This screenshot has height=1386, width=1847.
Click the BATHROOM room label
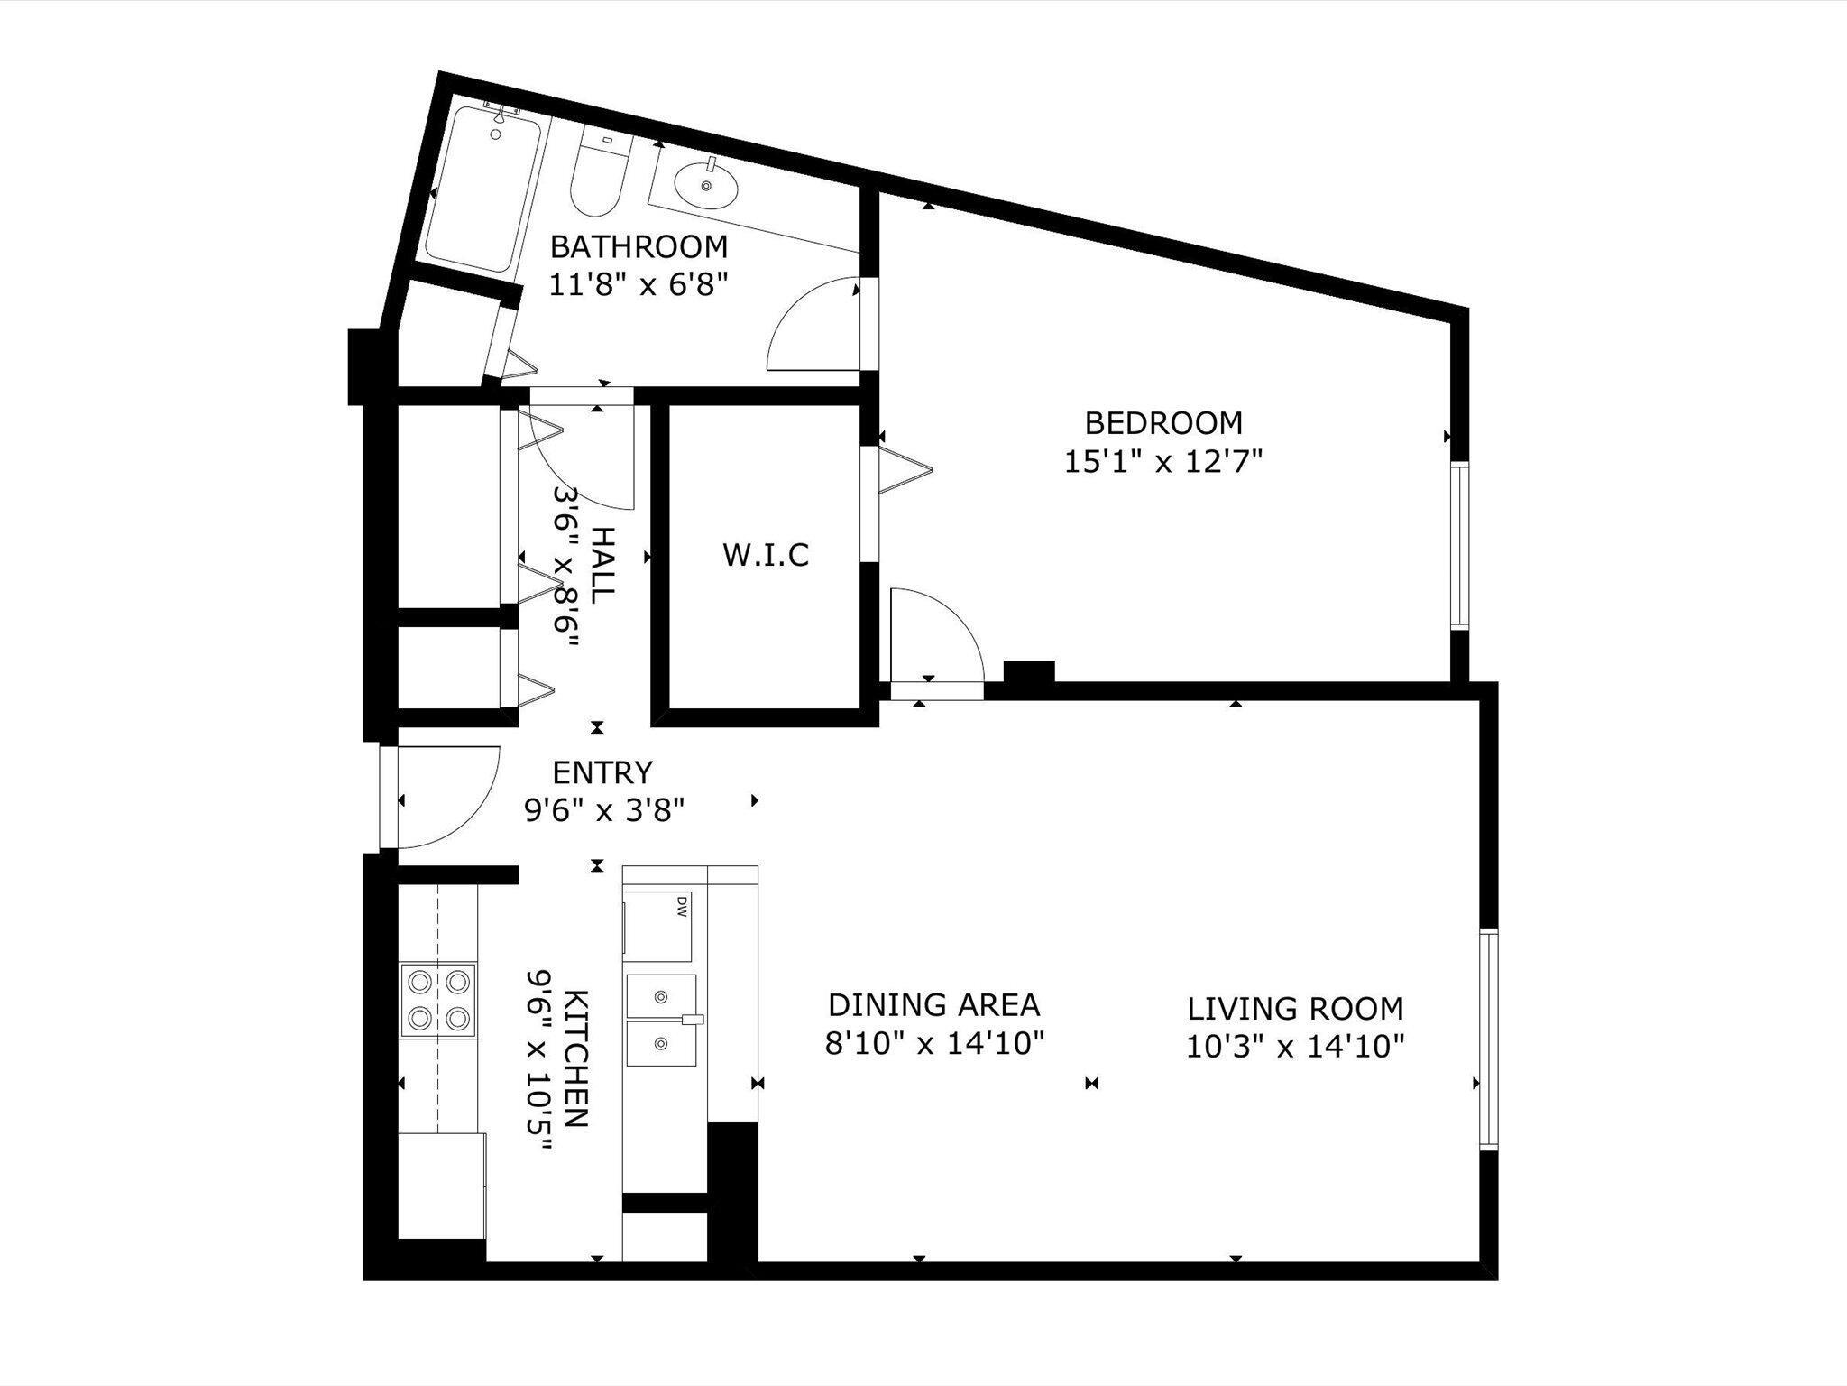pyautogui.click(x=639, y=246)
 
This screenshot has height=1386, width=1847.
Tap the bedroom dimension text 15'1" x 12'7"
pyautogui.click(x=1162, y=462)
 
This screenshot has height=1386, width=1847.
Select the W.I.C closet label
pyautogui.click(x=766, y=555)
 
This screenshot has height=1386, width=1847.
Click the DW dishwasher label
pyautogui.click(x=682, y=906)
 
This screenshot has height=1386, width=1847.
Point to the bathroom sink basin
pyautogui.click(x=705, y=186)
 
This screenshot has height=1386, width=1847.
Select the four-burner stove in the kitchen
pyautogui.click(x=437, y=1000)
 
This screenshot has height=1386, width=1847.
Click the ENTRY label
pyautogui.click(x=602, y=773)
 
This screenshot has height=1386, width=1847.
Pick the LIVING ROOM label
pyautogui.click(x=1295, y=1008)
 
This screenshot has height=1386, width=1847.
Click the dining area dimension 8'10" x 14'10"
pyautogui.click(x=934, y=1044)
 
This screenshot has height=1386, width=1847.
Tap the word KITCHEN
pyautogui.click(x=577, y=1058)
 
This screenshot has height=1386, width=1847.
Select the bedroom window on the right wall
pyautogui.click(x=1459, y=545)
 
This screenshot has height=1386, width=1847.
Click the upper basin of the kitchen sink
pyautogui.click(x=661, y=996)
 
